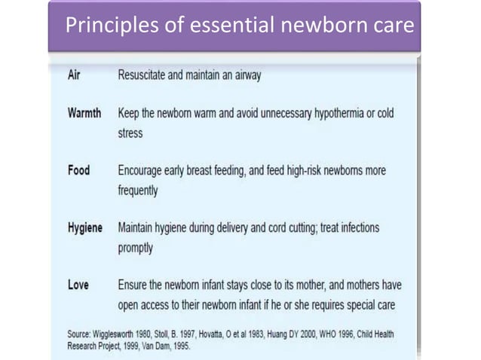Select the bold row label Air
pos(75,76)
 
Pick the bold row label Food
pos(78,171)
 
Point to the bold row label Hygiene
pos(85,227)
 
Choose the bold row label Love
pos(78,285)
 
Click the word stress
pos(130,133)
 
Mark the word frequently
pos(138,191)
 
